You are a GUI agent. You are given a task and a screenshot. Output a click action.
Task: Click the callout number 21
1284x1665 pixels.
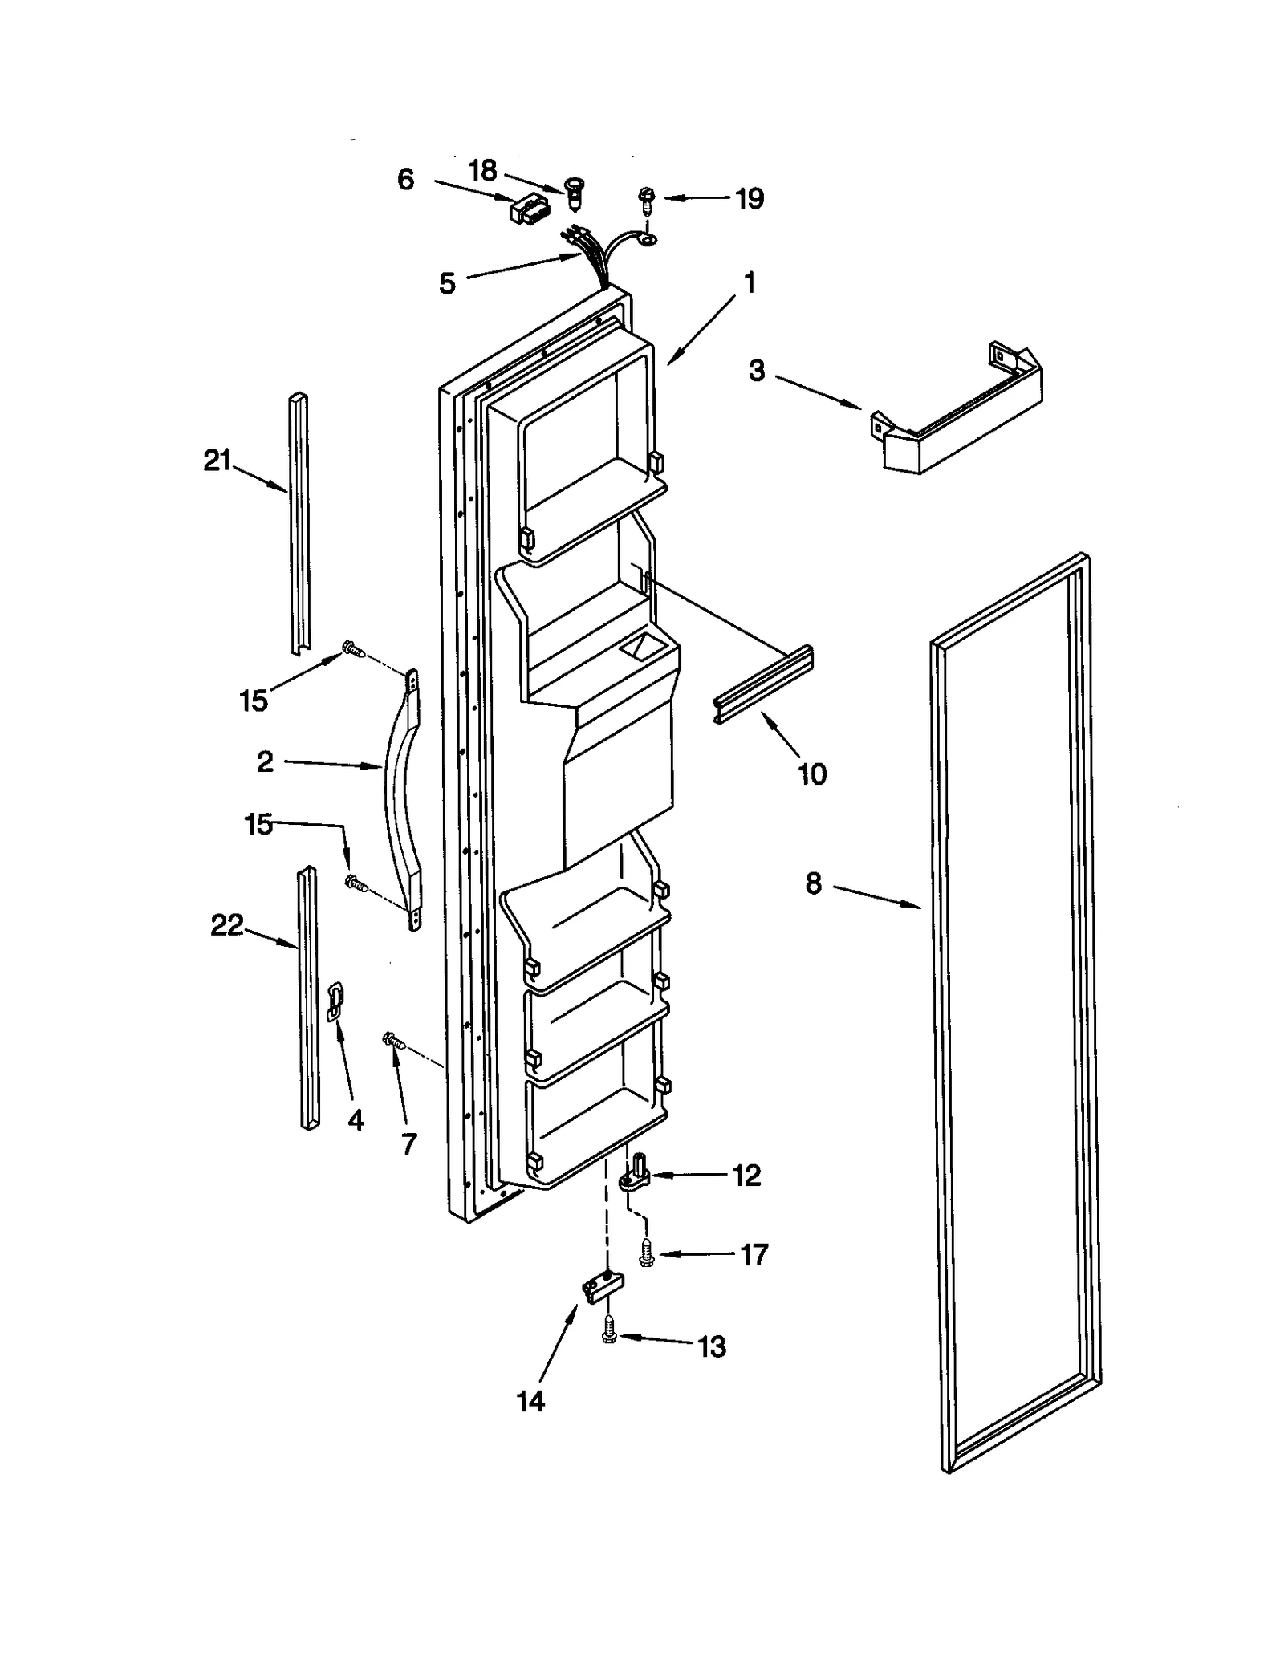pos(217,461)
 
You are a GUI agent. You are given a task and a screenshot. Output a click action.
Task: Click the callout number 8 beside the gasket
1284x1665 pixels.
pos(814,884)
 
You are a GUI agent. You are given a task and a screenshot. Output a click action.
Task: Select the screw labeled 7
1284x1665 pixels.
pos(393,1041)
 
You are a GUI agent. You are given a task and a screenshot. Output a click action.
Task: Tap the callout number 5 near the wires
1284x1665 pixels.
pos(447,283)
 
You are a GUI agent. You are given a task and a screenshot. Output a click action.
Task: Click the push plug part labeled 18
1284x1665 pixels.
pos(574,189)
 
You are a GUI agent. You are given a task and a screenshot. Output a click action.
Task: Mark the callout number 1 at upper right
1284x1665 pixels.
pos(750,282)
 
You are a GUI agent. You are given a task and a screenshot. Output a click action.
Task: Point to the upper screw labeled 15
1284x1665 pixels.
pos(351,648)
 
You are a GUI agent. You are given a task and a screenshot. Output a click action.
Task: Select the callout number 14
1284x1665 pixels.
pos(530,1401)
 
